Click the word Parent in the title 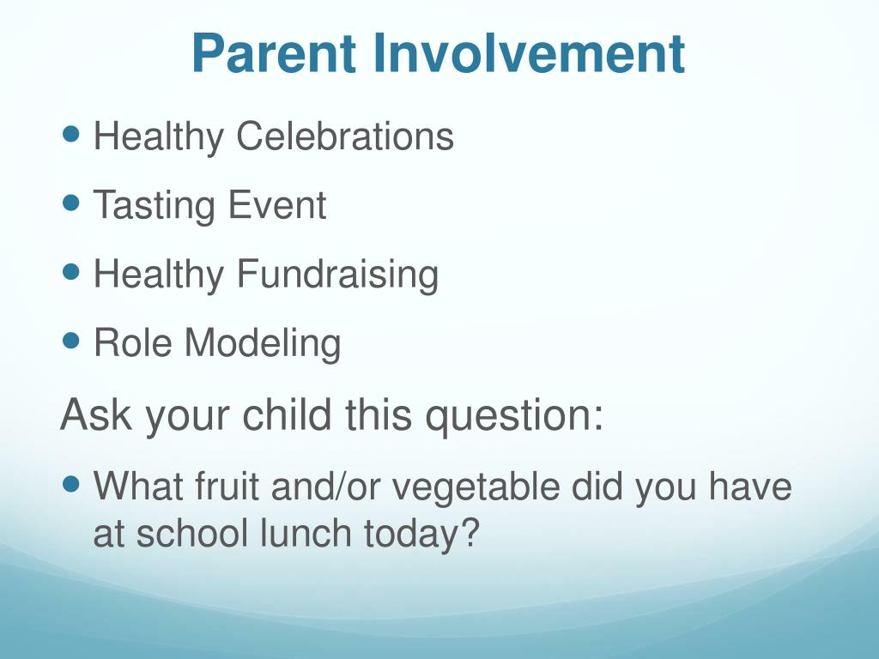[x=274, y=53]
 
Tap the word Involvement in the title [x=529, y=53]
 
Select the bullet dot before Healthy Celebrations [x=71, y=134]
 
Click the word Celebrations [x=345, y=136]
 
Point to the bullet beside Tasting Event [x=71, y=203]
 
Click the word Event [x=277, y=205]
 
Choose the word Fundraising [x=337, y=274]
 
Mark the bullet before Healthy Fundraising [x=71, y=272]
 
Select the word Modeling [x=263, y=343]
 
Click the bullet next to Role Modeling [x=71, y=340]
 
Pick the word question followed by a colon [x=514, y=417]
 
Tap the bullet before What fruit [x=71, y=484]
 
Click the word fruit [x=227, y=486]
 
